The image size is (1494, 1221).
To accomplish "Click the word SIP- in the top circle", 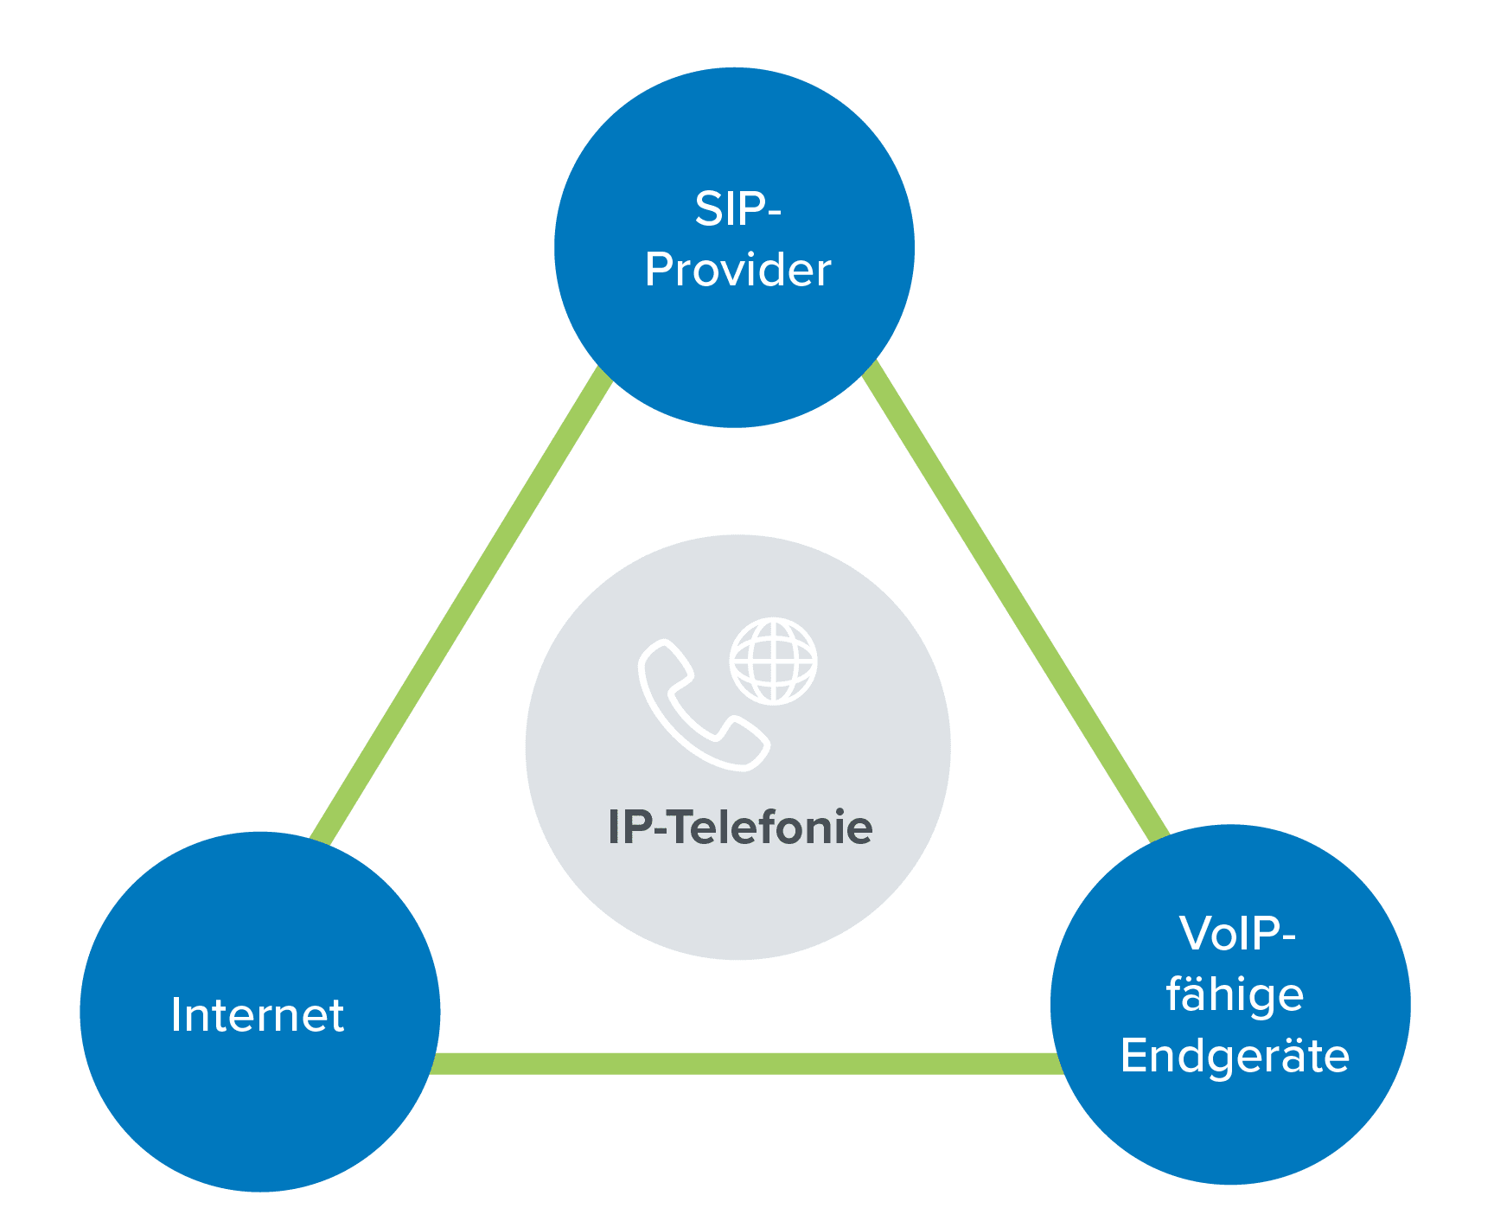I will (x=737, y=209).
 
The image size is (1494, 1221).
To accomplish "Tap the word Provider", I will (x=737, y=271).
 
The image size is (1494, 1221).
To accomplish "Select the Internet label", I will (x=258, y=1015).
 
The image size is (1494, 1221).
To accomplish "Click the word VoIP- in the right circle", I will (x=1236, y=934).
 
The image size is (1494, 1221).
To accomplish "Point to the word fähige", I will (x=1235, y=995).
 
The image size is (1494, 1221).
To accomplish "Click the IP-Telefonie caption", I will (x=740, y=828).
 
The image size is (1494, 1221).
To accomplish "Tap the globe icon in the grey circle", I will (x=773, y=662).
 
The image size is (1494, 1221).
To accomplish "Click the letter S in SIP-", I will (x=709, y=209).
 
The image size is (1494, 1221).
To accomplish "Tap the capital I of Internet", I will (x=176, y=1015).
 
